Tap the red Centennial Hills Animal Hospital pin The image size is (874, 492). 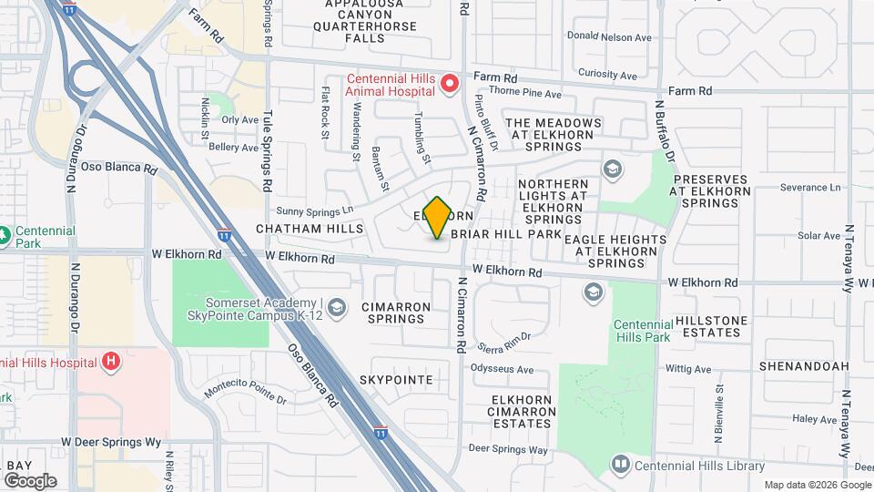(x=449, y=85)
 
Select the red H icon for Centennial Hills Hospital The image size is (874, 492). (x=111, y=362)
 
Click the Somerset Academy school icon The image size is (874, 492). (x=337, y=307)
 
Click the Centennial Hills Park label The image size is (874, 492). (x=642, y=331)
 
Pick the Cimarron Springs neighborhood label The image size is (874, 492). (x=395, y=313)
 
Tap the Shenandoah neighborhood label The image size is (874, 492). (x=804, y=366)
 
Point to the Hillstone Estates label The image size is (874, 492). (x=711, y=326)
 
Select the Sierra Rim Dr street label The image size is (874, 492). (x=503, y=338)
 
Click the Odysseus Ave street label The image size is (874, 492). (x=502, y=369)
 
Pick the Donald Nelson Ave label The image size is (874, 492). (x=609, y=37)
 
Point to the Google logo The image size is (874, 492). (x=30, y=480)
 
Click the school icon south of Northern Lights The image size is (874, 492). (x=593, y=292)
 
